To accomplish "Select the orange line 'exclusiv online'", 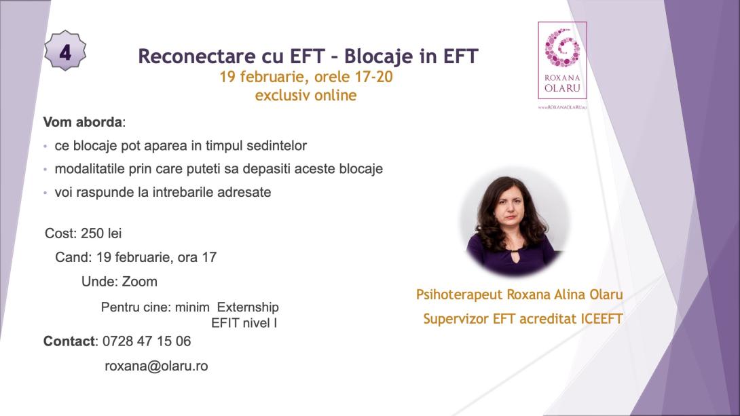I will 306,96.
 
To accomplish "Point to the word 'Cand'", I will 71,257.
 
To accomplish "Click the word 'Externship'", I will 248,307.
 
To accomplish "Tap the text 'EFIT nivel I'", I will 244,323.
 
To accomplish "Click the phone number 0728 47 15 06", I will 147,341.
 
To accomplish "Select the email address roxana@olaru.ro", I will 156,366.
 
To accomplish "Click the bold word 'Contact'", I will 69,341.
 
